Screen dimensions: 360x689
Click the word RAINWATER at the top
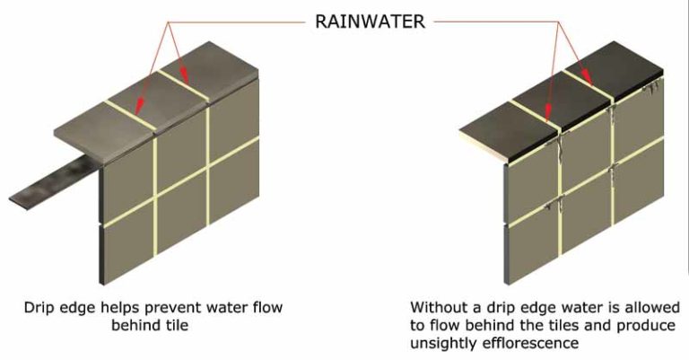[x=368, y=19]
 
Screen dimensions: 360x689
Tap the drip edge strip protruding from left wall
[x=54, y=183]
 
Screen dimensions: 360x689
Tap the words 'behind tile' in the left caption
[x=150, y=324]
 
